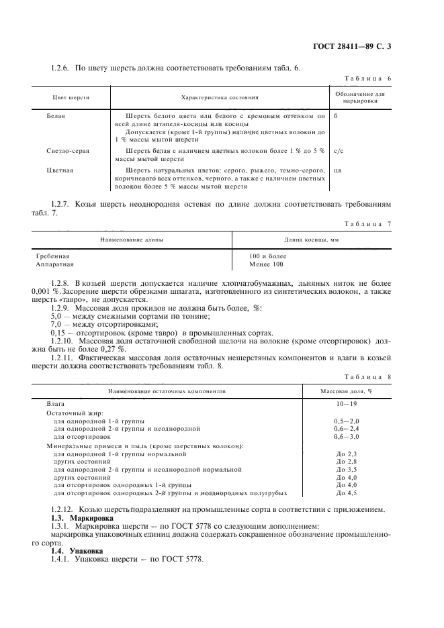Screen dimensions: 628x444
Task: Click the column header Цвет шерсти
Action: coord(71,97)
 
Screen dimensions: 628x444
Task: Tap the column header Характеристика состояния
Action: coord(218,97)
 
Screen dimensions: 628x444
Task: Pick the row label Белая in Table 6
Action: coord(56,115)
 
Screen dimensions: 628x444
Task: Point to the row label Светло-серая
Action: coord(67,151)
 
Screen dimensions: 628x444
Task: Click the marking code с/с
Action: coord(339,151)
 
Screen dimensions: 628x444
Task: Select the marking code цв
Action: coord(337,170)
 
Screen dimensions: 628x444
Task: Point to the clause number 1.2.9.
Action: coord(61,307)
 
